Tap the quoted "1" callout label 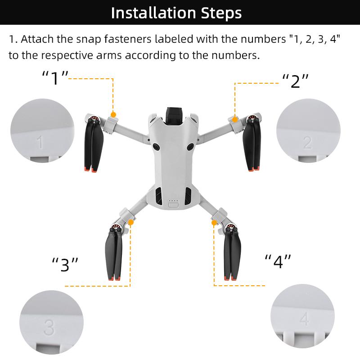55,78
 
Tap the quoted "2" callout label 295,81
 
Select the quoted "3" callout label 65,265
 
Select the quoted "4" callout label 278,261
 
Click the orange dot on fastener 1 113,115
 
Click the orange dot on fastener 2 234,119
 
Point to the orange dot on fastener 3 130,222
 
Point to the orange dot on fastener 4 214,222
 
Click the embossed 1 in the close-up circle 40,143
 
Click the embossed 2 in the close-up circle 307,142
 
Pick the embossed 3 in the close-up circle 49,327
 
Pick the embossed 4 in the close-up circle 305,319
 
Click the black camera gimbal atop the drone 173,116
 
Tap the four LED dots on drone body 173,201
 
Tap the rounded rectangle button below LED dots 173,206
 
